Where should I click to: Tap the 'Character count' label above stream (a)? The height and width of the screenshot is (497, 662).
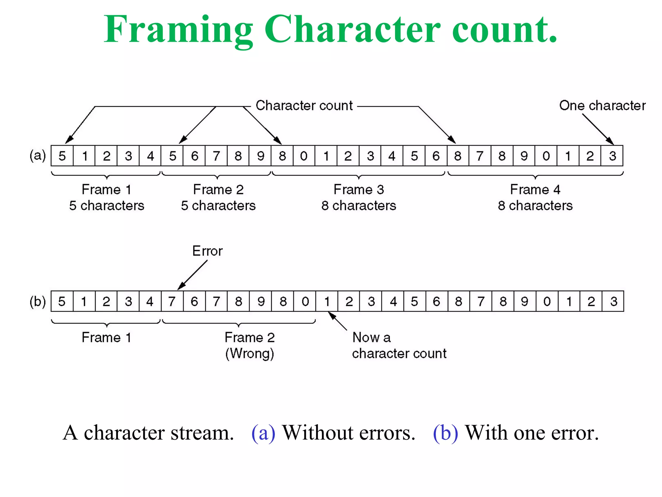304,106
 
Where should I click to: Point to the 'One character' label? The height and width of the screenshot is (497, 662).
602,106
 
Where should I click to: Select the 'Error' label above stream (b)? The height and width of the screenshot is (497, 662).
207,251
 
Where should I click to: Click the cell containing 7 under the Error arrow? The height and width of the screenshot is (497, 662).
172,302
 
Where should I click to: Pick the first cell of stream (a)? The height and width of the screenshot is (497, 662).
62,156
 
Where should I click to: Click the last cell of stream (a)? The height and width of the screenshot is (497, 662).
612,156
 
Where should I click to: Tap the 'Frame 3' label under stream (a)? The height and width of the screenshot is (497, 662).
358,190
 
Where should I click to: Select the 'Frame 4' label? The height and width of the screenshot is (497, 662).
535,190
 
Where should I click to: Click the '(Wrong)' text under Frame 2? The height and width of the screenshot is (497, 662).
250,353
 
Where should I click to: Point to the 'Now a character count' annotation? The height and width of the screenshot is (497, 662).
399,346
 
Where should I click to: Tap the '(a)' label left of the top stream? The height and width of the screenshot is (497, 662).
37,156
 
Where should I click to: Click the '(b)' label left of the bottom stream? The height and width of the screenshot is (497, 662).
37,302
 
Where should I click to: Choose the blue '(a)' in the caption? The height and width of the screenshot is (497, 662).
263,433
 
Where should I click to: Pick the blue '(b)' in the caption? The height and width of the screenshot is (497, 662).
445,433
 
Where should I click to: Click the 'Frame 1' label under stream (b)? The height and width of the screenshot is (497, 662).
106,337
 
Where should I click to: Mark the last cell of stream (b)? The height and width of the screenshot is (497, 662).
613,302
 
